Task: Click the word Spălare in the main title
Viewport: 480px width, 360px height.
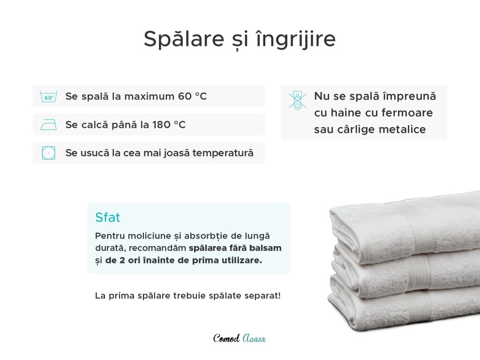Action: click(x=184, y=39)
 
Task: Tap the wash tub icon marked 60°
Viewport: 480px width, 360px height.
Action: click(x=49, y=97)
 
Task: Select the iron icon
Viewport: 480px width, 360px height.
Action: click(x=49, y=125)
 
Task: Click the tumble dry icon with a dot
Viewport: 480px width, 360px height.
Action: click(x=49, y=153)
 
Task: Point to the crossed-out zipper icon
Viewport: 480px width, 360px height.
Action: click(x=297, y=100)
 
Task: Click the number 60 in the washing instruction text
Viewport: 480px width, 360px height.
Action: click(x=185, y=97)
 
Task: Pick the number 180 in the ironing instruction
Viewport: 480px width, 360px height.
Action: click(x=161, y=125)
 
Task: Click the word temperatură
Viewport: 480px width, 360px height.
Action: click(x=223, y=153)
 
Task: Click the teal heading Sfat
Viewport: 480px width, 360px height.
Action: click(x=108, y=217)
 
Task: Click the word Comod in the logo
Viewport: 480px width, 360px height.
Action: click(x=226, y=338)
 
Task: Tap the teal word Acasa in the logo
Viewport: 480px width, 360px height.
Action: click(x=254, y=338)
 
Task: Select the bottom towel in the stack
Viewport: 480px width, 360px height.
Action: click(x=404, y=309)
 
